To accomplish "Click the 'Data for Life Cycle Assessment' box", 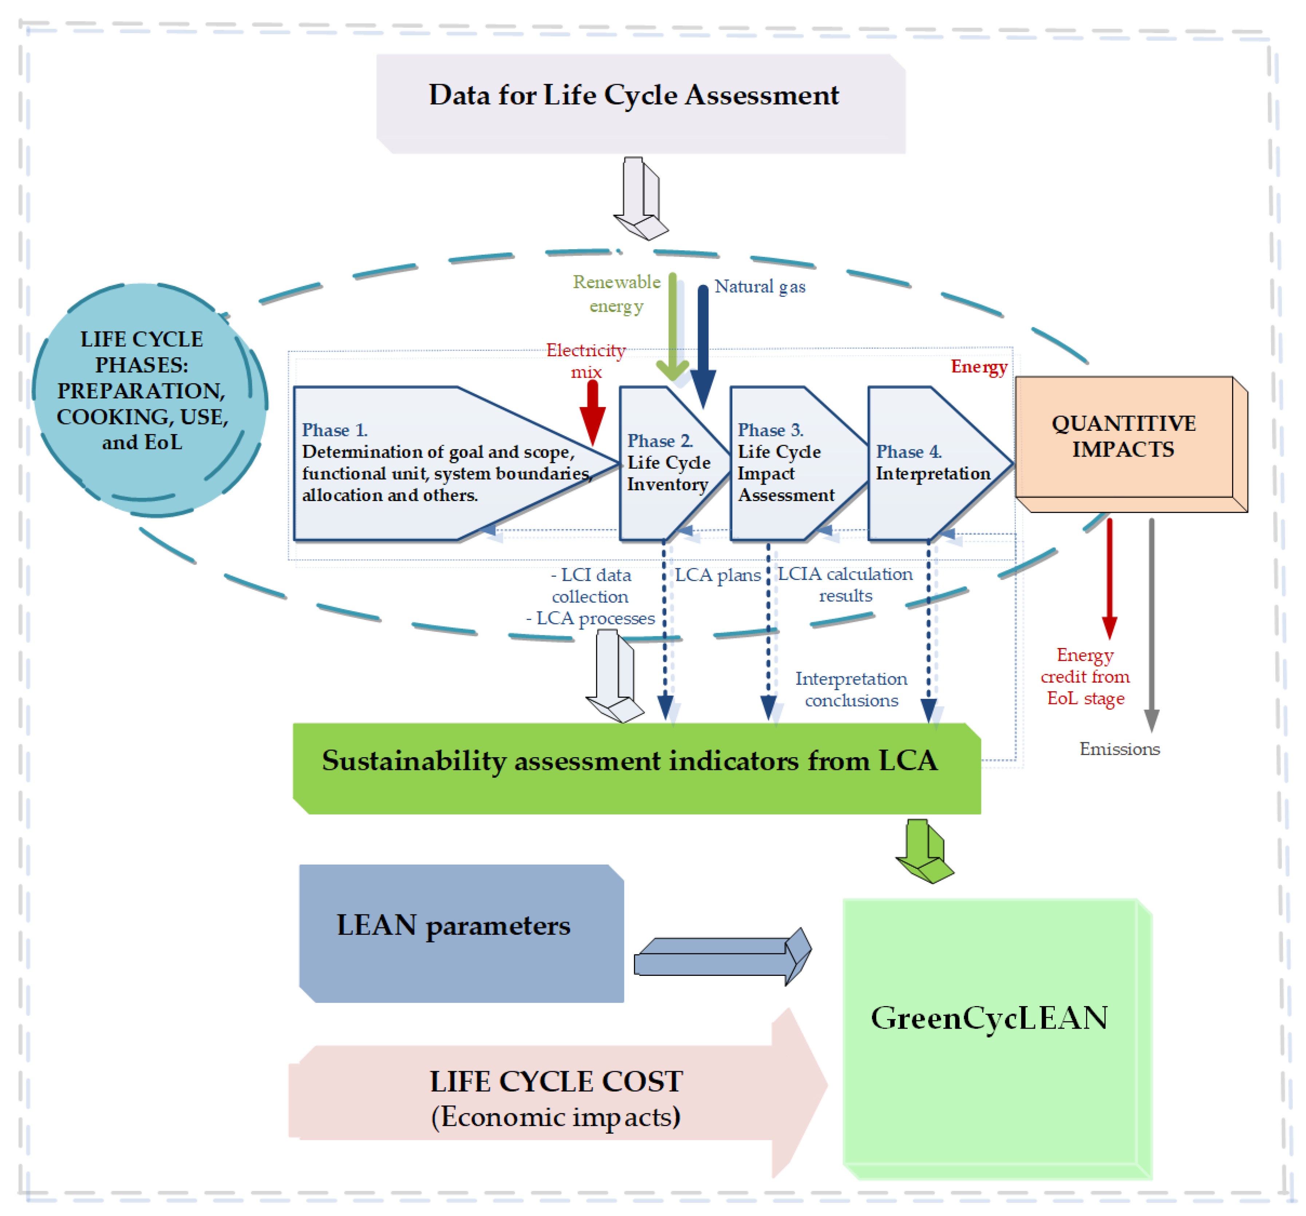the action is (x=640, y=104).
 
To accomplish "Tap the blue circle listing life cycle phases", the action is (x=150, y=399).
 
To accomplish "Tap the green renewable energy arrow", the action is (x=673, y=327).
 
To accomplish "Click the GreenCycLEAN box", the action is (x=997, y=1039).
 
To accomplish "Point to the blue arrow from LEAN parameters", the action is (x=723, y=956).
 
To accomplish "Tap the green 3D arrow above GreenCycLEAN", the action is (x=924, y=851).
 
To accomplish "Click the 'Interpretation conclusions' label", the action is (x=851, y=690).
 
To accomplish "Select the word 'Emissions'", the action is (x=1120, y=749).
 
